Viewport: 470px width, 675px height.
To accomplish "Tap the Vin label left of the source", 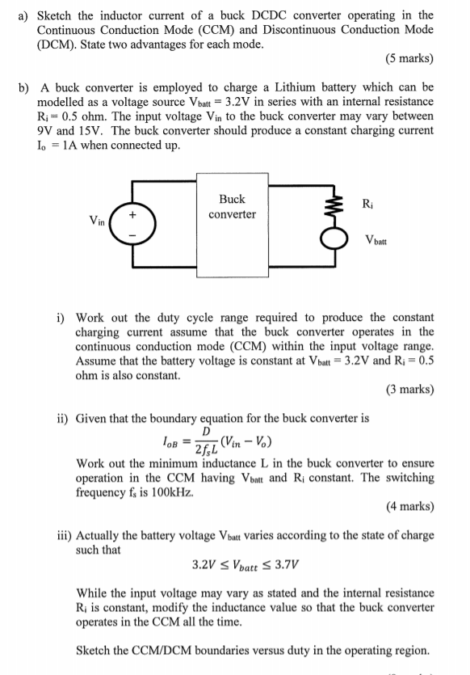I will tap(99, 220).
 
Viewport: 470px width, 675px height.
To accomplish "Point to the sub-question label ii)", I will tap(62, 419).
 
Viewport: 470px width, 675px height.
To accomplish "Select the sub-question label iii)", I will tap(64, 535).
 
